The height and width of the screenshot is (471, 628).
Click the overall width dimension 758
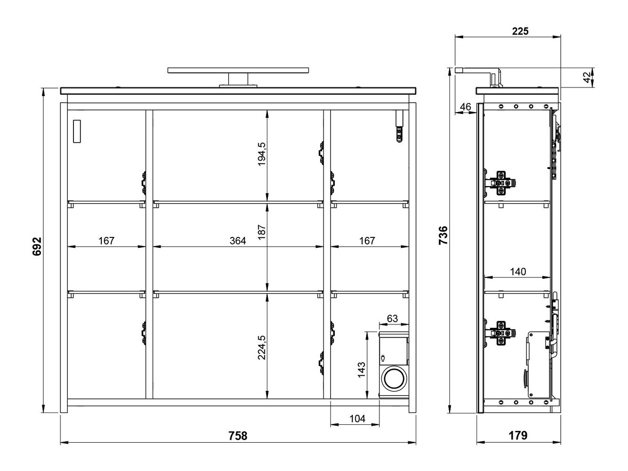[x=238, y=436]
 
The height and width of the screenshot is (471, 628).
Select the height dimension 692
[x=37, y=246]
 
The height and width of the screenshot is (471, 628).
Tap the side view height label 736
[x=443, y=235]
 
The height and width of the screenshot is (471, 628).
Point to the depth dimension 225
[x=520, y=31]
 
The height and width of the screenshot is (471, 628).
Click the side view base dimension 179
[x=518, y=436]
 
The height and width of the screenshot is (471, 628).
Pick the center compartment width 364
[x=238, y=241]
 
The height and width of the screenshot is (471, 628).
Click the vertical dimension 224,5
[x=262, y=348]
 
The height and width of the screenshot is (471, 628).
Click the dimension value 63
[x=392, y=319]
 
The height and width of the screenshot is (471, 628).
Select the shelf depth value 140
[x=518, y=272]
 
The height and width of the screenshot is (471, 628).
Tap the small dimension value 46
[x=466, y=107]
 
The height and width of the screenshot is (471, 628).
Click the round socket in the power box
[x=392, y=378]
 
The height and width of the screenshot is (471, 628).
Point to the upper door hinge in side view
[x=502, y=182]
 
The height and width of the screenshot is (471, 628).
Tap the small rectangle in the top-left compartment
[x=77, y=130]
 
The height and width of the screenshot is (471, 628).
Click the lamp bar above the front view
[x=238, y=71]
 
